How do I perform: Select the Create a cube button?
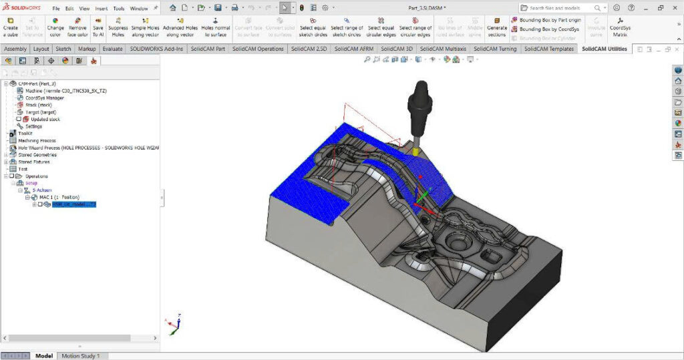11,27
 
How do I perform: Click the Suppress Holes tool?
118,27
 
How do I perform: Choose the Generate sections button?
497,27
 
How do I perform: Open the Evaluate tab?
112,49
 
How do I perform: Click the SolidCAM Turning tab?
494,49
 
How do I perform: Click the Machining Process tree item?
37,140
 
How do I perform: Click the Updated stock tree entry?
45,119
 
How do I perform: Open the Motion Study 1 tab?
80,356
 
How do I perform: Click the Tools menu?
119,9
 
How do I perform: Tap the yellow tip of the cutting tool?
415,152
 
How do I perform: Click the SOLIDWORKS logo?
23,8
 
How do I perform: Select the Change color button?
55,27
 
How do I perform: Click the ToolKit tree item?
25,133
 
